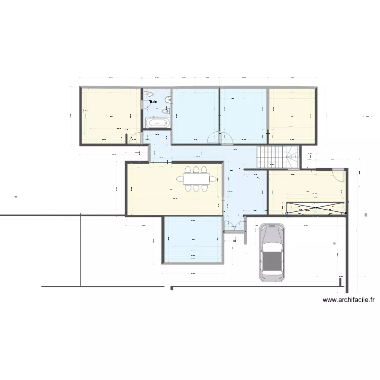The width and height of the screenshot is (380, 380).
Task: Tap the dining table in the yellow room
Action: click(x=196, y=179)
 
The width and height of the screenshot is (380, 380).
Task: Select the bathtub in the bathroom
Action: click(x=157, y=122)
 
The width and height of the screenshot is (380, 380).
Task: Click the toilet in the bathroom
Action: click(x=148, y=94)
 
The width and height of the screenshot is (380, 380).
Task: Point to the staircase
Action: click(x=279, y=157)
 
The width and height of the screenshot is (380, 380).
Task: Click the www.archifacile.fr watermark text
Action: click(x=349, y=300)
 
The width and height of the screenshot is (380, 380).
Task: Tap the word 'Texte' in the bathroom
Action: click(x=153, y=102)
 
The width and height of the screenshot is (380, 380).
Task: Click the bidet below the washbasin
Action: click(x=166, y=111)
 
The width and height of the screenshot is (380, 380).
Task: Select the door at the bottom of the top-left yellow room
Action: click(x=135, y=139)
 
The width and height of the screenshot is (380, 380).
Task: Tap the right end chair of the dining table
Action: click(x=213, y=179)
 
